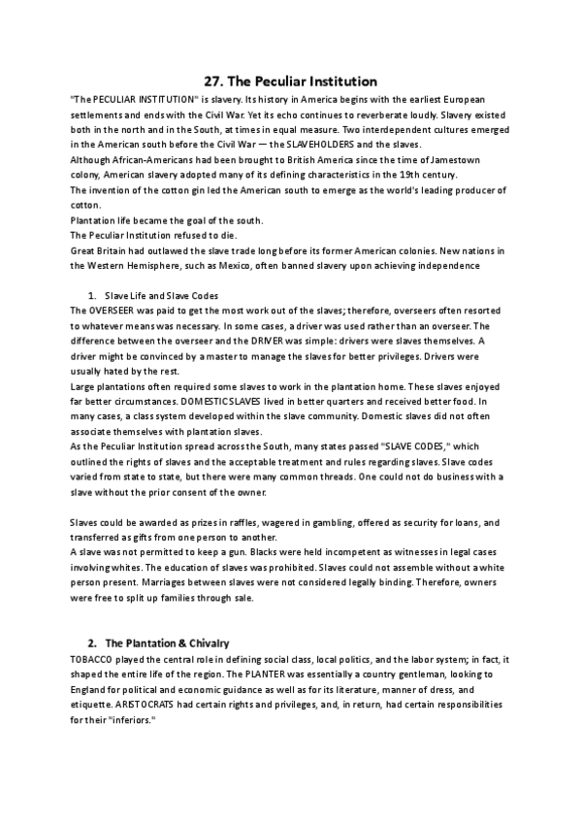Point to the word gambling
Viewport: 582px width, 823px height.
click(x=331, y=522)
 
